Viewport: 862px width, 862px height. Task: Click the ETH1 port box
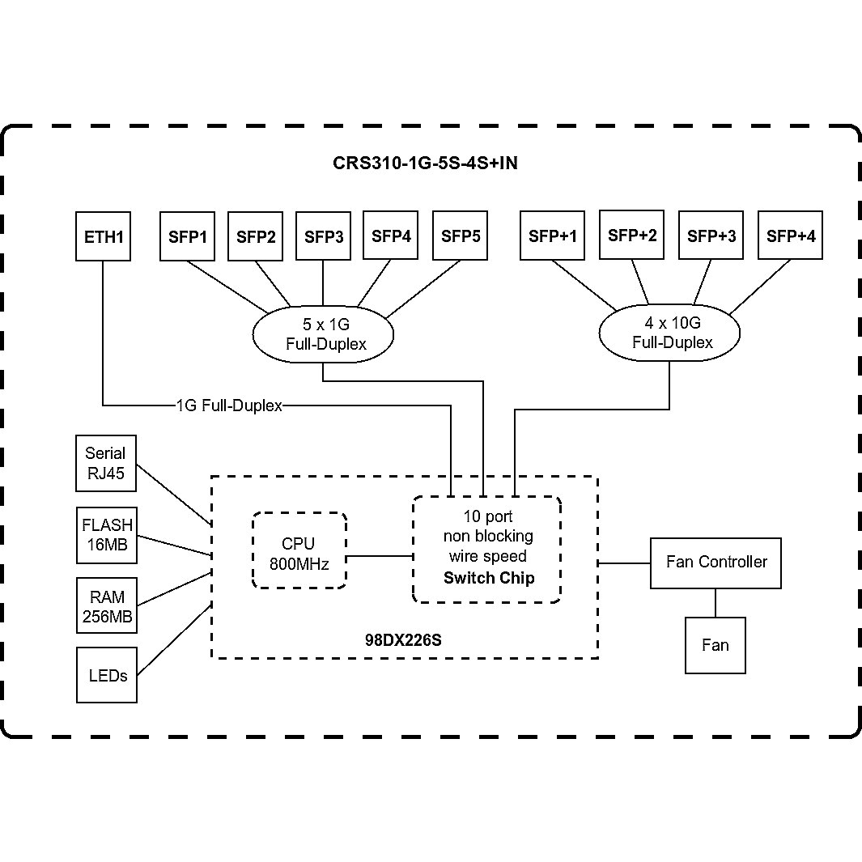coord(103,236)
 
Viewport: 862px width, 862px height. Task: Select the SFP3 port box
coord(324,236)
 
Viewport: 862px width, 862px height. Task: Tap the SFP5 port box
coord(460,236)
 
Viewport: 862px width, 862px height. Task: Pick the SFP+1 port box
coord(552,236)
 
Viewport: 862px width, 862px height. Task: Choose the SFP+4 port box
coord(790,236)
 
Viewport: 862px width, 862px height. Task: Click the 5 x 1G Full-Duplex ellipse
coord(324,334)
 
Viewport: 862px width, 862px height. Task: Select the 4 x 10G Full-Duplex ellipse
coord(669,333)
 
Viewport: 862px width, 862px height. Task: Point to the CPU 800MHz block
coord(299,550)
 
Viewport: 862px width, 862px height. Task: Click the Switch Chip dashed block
coord(486,549)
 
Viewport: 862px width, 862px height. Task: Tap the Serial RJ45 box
coord(105,464)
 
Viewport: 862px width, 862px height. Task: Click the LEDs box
coord(107,674)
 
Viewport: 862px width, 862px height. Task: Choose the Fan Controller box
coord(716,563)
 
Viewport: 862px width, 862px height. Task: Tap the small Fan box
coord(715,645)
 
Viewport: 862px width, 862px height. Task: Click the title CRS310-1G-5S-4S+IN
coord(425,163)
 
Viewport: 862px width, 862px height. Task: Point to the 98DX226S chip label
coord(402,640)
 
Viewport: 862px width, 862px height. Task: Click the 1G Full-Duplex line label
coord(229,406)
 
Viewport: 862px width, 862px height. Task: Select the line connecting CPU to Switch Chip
coord(380,556)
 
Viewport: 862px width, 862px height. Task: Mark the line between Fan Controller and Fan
coord(715,602)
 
